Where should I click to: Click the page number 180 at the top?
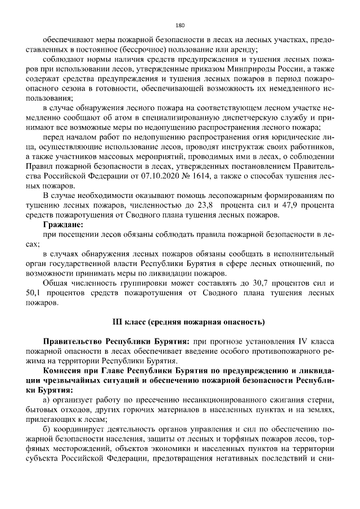click(x=180, y=25)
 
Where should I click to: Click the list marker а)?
click(x=47, y=400)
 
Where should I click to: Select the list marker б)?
click(x=47, y=430)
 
